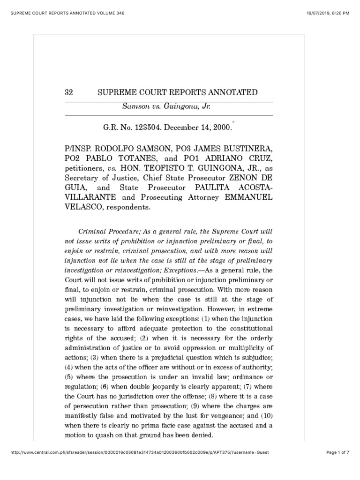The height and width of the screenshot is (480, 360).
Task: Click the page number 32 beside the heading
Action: coord(68,92)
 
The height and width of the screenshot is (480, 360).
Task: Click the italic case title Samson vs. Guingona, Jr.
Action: coord(166,107)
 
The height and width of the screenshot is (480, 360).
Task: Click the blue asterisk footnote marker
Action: coord(233,121)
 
